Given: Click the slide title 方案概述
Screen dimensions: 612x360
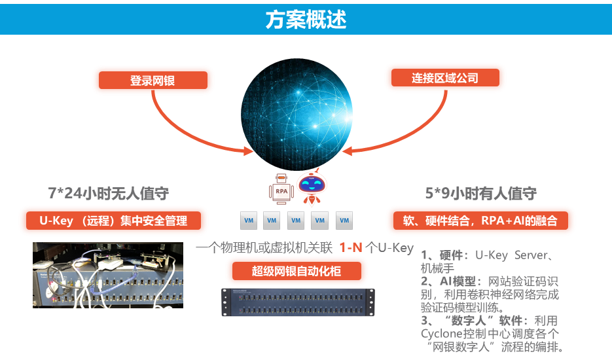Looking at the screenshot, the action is point(306,19).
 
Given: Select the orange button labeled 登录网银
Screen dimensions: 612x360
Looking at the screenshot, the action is point(153,81).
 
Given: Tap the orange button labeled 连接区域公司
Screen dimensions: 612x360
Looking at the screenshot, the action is point(445,78).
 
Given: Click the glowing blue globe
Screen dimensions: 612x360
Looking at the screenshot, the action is point(297,109).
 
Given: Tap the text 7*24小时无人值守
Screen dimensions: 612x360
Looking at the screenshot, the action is point(109,193).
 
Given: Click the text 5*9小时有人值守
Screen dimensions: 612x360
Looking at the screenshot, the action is point(480,193).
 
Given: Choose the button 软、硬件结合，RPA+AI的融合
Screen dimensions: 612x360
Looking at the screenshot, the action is point(480,221).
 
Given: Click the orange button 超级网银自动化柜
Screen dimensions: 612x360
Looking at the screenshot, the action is point(297,270).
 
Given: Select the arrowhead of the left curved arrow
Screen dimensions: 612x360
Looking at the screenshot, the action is point(247,151).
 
